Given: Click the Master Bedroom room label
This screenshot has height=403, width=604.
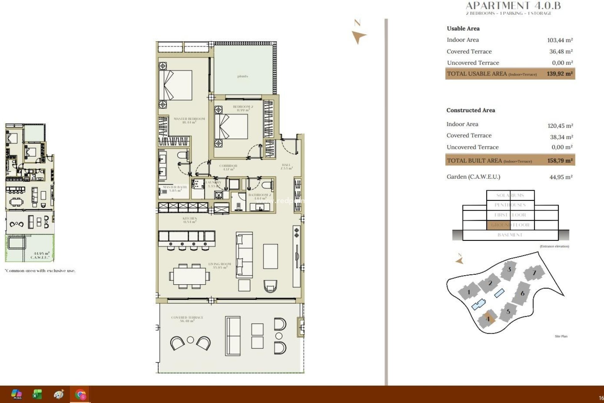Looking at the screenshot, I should point(189,120).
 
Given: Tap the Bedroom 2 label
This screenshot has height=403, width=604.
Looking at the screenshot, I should point(243,108).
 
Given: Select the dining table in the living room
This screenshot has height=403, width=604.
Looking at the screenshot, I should point(189,276).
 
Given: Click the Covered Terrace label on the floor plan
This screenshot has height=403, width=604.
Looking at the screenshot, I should point(187,319).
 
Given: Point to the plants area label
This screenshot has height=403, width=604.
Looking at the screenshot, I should point(243,76).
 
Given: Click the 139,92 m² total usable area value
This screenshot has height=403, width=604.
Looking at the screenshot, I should point(560,74).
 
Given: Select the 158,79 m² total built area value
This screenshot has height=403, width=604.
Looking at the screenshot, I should point(560,161).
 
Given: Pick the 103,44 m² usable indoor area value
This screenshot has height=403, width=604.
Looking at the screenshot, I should point(560,40).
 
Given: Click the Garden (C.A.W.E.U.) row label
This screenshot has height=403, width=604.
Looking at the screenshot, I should point(473,177).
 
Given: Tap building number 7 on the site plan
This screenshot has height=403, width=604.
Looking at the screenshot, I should point(534,273).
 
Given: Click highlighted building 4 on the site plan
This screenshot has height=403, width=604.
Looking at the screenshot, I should point(488,319).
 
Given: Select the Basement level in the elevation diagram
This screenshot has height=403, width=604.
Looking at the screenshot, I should point(510,235).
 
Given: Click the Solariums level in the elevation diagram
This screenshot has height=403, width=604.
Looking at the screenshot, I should point(510,195).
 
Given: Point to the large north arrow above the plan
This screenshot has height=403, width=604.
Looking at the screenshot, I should point(358,36).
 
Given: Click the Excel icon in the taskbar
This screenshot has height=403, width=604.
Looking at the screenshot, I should point(37,394).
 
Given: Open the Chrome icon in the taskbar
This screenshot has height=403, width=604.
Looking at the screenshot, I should point(80,394).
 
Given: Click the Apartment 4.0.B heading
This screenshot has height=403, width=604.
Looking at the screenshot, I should point(513,6).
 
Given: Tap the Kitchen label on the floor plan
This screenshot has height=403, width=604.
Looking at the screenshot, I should point(189,220).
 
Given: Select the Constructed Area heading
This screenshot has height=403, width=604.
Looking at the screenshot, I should point(471,110).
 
